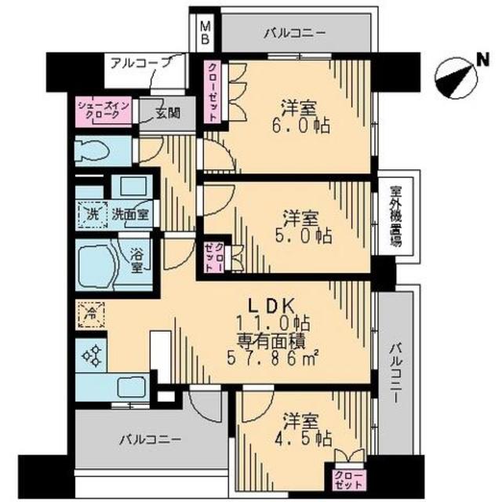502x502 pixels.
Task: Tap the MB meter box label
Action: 205,32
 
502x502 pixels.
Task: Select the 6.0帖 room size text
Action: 300,125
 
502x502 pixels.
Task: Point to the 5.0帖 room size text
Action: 303,237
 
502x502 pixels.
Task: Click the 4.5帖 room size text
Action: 303,438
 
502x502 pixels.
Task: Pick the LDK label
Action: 272,307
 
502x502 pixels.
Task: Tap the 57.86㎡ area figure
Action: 272,358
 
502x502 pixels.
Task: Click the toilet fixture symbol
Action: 93,151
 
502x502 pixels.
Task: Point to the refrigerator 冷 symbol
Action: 92,315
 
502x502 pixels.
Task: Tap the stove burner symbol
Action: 92,355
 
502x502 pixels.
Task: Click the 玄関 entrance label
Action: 168,113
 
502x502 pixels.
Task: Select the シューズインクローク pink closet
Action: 104,111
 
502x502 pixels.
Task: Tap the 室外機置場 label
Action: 395,216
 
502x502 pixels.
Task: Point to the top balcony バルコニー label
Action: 295,33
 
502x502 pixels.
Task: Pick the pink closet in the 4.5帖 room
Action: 349,480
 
